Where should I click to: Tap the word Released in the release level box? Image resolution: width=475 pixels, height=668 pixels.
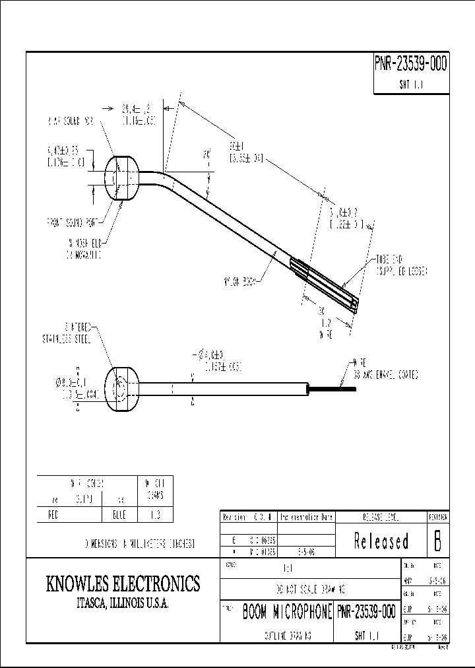[x=381, y=542]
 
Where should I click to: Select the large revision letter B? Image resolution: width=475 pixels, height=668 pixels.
[x=437, y=541]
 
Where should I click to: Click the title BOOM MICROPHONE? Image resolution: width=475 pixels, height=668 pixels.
[x=287, y=612]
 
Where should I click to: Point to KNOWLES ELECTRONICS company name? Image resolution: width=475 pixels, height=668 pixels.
[x=123, y=584]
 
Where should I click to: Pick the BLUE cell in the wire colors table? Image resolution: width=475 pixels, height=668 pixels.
[x=119, y=515]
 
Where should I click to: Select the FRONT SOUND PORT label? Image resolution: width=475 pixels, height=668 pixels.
[x=73, y=222]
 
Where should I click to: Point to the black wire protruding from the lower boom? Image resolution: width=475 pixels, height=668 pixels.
[x=333, y=389]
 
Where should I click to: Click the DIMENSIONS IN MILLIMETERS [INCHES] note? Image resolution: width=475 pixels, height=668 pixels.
[x=138, y=544]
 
